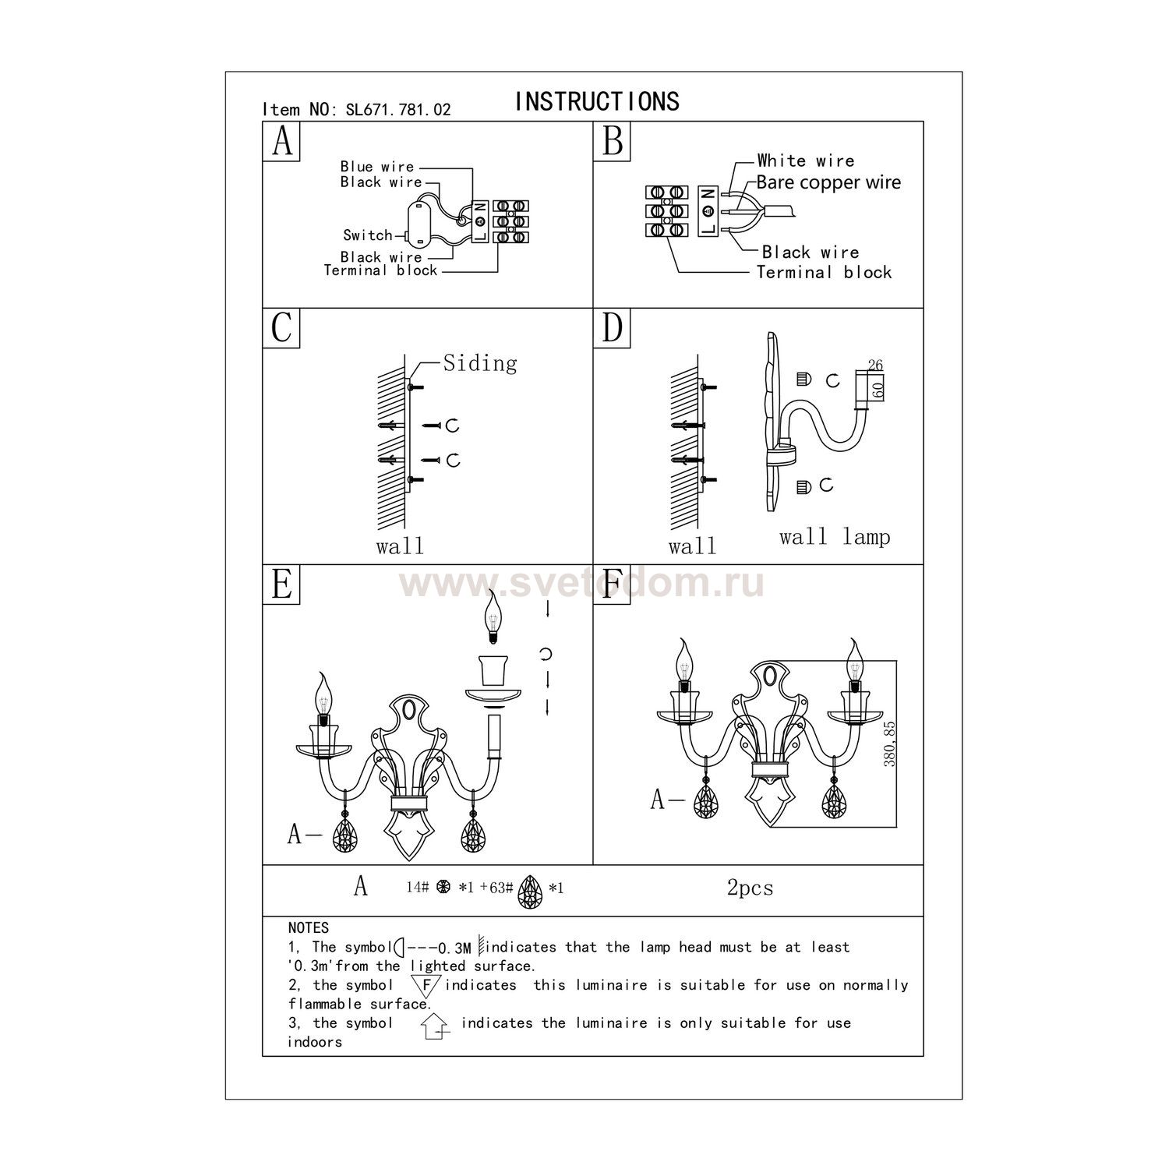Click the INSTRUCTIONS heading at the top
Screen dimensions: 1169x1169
point(597,101)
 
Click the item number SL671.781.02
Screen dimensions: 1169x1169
point(397,110)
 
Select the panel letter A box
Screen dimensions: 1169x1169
point(281,141)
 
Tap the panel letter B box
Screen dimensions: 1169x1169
point(613,141)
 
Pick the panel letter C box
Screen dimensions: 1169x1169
point(281,327)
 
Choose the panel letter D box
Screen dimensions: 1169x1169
point(613,327)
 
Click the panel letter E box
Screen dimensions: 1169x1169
point(281,584)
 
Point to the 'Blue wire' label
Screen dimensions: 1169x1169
point(377,167)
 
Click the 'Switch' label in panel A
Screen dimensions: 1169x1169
point(368,235)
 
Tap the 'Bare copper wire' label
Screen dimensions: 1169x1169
point(828,182)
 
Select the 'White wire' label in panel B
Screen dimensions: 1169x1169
point(806,161)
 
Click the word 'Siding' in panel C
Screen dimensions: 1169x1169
point(480,363)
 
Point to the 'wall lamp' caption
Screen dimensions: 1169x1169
point(835,537)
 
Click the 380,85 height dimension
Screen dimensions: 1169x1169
point(889,744)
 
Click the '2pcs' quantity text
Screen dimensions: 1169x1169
point(750,888)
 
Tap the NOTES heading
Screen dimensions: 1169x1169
point(309,928)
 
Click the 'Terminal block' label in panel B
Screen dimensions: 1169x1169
point(825,273)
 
